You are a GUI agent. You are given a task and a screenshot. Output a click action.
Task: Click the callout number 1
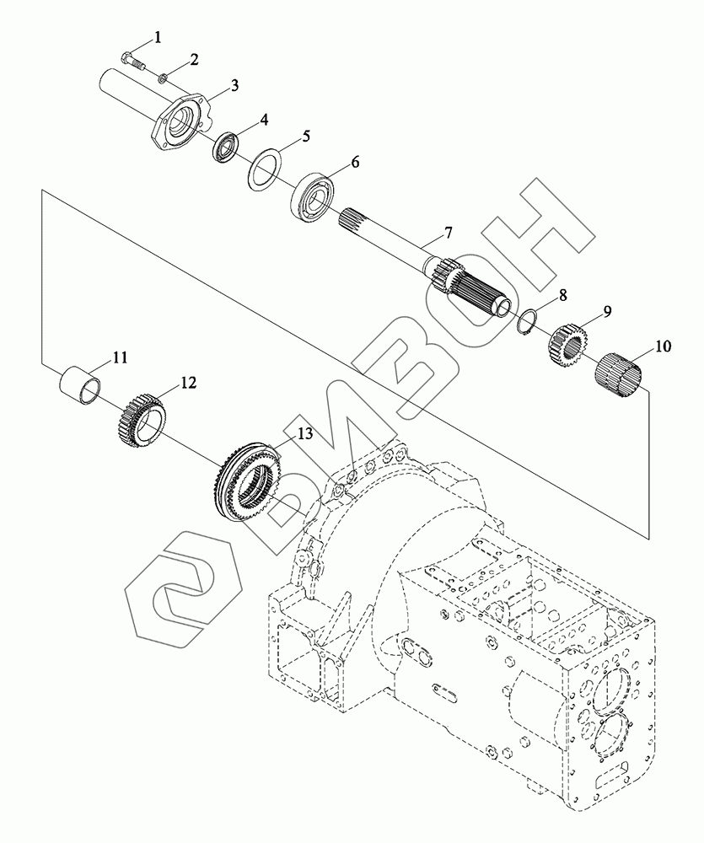click(156, 36)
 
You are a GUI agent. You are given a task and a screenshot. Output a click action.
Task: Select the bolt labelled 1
click(131, 61)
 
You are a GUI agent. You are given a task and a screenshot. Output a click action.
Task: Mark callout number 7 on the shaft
click(449, 232)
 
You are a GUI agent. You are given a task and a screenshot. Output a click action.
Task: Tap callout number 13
click(304, 433)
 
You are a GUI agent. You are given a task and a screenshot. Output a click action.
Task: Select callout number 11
click(119, 357)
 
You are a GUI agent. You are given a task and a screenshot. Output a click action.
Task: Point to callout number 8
click(562, 297)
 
